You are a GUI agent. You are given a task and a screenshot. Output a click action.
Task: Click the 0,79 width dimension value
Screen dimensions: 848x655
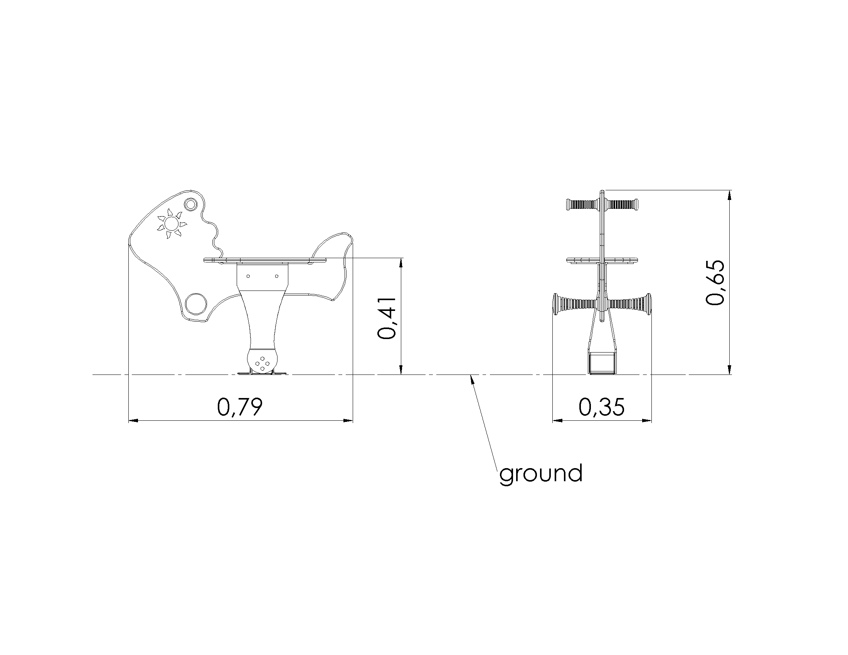pos(240,407)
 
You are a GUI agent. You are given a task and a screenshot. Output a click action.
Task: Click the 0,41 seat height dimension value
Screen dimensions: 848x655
pos(387,318)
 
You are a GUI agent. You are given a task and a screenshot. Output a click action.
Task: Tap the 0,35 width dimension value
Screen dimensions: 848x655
pos(602,407)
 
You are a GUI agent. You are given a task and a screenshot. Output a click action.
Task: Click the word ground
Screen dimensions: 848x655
pos(541,474)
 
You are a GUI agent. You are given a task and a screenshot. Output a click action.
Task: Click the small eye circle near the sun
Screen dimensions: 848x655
pos(190,204)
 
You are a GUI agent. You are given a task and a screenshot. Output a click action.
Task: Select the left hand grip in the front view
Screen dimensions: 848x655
pos(583,204)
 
